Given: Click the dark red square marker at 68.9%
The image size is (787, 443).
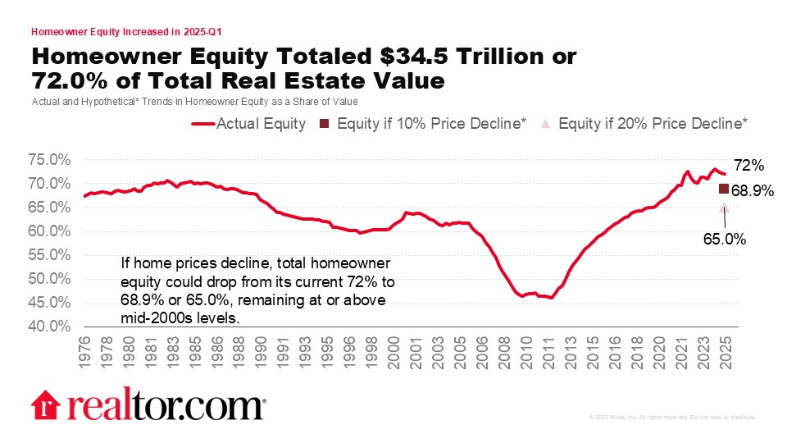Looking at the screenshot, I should coord(724,190).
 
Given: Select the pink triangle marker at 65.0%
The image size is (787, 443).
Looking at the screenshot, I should coord(724,208).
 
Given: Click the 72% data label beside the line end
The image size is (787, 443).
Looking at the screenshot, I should coord(747,165).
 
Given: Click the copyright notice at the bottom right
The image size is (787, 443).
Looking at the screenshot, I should coord(672,418).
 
